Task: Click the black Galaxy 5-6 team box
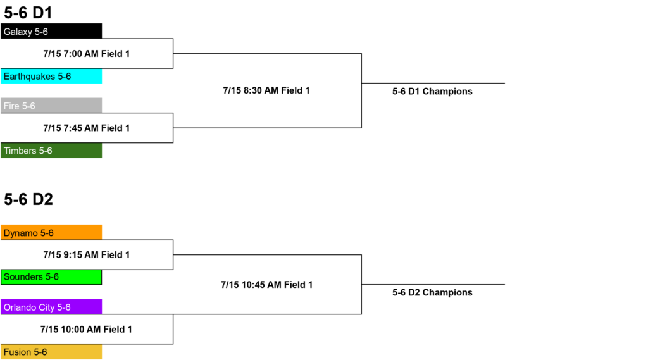click(x=51, y=31)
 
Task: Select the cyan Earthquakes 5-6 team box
click(x=51, y=76)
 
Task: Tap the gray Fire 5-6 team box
click(x=51, y=106)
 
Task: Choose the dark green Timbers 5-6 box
click(x=51, y=151)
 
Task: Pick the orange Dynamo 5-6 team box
click(x=51, y=232)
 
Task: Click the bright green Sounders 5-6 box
click(x=51, y=277)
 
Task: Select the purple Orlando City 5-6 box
click(x=51, y=307)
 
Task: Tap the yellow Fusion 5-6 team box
click(x=51, y=352)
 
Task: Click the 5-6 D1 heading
click(x=28, y=13)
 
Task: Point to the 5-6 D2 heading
click(x=28, y=199)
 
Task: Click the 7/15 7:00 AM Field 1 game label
click(x=86, y=54)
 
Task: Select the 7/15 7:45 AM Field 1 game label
click(x=86, y=128)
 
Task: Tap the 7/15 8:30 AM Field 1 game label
click(x=266, y=90)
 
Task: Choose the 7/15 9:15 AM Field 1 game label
click(x=86, y=255)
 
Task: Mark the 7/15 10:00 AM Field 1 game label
click(x=86, y=330)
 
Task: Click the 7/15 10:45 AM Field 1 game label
click(x=266, y=285)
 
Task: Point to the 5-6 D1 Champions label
click(x=432, y=91)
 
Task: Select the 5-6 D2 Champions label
click(x=432, y=293)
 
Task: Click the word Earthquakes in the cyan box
click(x=29, y=77)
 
